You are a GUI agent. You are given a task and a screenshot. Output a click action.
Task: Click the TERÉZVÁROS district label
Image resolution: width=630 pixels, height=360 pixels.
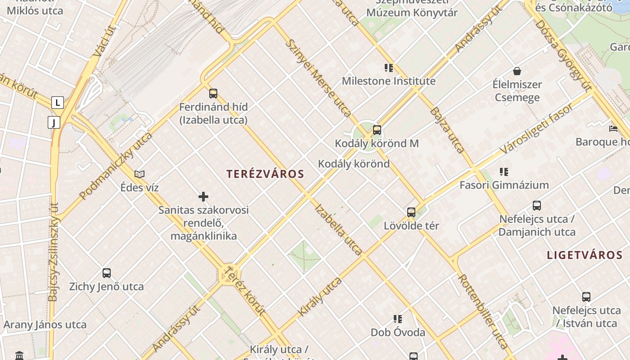tap(265, 174)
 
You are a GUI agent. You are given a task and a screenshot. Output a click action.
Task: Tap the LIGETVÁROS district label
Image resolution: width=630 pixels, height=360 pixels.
tap(585, 255)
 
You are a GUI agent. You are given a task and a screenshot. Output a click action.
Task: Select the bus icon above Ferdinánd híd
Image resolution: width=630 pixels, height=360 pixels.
tap(213, 94)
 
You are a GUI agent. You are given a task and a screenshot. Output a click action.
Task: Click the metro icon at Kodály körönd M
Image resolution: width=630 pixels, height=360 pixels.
tap(377, 130)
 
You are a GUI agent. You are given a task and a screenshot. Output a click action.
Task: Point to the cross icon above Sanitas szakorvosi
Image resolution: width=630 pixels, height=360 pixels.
tap(203, 197)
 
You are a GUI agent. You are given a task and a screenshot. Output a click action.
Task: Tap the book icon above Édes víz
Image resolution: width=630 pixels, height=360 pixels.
tap(139, 174)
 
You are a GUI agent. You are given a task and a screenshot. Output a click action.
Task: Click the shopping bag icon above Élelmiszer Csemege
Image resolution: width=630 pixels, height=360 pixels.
tap(517, 71)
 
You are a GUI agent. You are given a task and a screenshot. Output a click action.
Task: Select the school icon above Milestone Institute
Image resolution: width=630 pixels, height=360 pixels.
tap(389, 68)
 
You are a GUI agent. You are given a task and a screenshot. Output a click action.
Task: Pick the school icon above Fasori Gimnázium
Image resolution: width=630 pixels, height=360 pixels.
tap(504, 171)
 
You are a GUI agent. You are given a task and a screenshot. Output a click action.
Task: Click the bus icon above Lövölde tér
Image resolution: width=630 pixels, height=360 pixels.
tap(411, 212)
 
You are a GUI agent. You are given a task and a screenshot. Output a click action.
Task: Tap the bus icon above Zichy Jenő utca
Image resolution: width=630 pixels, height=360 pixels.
tap(107, 273)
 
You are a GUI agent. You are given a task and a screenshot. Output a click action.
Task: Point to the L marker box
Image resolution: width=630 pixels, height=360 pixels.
tap(57, 103)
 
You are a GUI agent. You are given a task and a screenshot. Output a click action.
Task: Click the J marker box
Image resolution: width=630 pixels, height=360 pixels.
tap(54, 122)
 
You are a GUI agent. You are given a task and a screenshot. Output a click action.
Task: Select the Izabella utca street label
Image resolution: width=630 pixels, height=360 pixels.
tap(338, 229)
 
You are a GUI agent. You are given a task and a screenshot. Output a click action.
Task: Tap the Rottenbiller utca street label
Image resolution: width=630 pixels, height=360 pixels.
tap(483, 311)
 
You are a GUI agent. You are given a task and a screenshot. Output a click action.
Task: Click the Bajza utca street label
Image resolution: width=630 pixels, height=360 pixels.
tap(447, 130)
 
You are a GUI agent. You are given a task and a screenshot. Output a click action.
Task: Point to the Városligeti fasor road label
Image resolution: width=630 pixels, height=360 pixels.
tap(537, 128)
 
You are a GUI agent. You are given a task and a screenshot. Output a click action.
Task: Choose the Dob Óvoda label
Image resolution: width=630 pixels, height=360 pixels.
tap(398, 333)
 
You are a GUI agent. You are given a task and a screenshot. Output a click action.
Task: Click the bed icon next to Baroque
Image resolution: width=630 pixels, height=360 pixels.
tap(613, 129)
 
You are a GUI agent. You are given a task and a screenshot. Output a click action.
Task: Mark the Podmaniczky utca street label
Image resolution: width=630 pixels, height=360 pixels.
tap(116, 166)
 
